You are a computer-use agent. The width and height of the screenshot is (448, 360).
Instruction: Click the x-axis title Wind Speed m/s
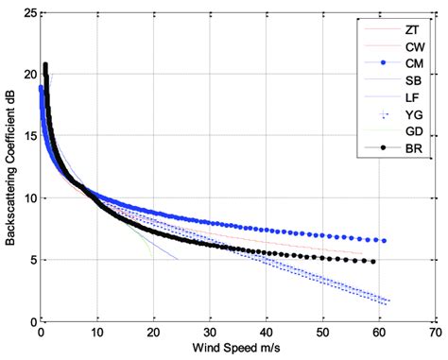(236, 349)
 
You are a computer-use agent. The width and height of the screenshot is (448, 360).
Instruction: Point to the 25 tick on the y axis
(29, 12)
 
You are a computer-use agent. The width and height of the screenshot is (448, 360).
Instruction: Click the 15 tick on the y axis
(29, 136)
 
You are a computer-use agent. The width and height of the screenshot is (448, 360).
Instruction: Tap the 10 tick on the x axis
(96, 334)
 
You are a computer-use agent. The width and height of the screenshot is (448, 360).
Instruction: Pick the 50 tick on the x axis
(322, 334)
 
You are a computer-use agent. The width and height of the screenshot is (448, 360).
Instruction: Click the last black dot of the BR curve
(373, 262)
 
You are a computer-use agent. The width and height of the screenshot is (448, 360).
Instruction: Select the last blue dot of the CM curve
(384, 241)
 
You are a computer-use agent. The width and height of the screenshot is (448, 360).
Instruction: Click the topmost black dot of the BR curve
(44, 65)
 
